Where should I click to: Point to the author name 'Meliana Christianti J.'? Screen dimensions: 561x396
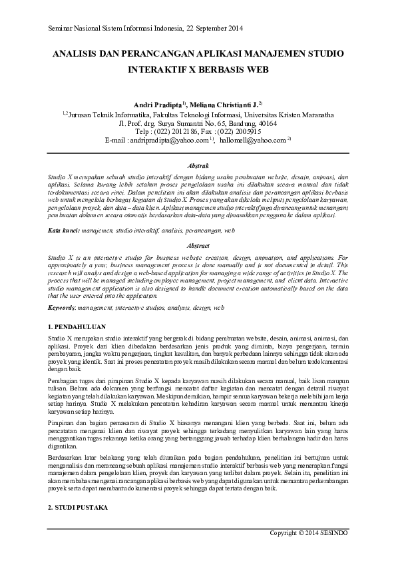[x=225, y=105]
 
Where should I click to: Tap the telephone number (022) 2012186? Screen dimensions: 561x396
[x=179, y=132]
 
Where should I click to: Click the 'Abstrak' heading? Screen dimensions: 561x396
[x=198, y=163]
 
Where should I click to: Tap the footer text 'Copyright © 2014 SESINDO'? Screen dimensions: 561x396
[x=308, y=534]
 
